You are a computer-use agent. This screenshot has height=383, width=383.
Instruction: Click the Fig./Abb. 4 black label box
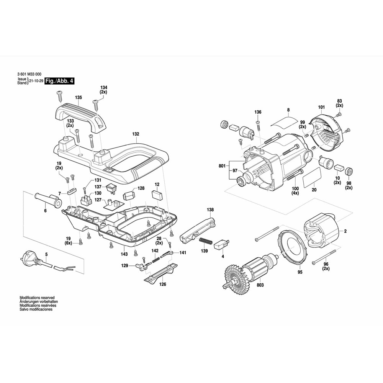click(59, 81)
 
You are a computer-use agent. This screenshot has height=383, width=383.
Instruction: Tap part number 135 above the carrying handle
click(79, 98)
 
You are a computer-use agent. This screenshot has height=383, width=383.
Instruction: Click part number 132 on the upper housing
click(136, 134)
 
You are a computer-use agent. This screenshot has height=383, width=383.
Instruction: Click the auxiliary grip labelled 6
click(47, 200)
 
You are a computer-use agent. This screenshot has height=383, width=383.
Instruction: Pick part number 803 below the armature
click(260, 285)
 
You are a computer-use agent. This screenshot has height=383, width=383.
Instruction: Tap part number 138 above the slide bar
click(210, 210)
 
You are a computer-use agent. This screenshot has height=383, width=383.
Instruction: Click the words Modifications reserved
click(37, 298)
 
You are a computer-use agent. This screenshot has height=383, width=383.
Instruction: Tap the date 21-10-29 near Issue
click(36, 82)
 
